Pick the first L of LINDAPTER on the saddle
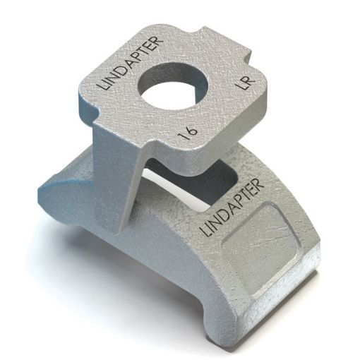tap(206, 232)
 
